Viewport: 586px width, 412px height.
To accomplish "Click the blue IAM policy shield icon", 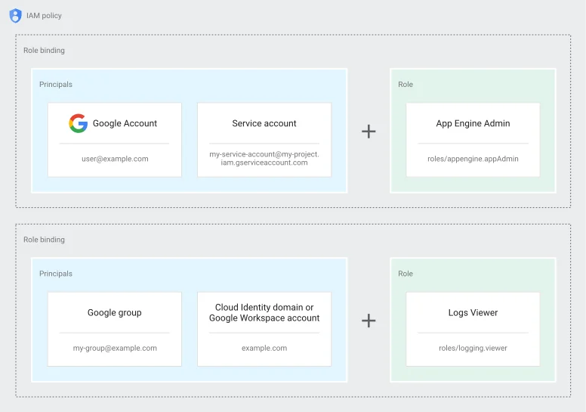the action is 15,16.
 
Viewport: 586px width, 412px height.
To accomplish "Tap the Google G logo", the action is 78,123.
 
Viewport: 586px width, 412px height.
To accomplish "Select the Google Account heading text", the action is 125,123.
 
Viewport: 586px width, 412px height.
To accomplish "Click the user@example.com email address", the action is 115,159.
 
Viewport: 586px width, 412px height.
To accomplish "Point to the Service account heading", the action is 264,123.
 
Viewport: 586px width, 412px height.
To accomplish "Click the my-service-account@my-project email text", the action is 264,158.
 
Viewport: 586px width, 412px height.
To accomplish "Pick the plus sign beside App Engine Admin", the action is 369,132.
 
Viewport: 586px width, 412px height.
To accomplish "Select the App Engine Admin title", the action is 473,123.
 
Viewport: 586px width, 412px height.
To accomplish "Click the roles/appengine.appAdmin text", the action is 473,159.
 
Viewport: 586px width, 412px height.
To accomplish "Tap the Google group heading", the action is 114,313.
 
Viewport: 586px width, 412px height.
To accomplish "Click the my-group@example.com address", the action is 115,348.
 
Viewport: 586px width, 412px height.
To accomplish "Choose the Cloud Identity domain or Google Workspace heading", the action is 264,312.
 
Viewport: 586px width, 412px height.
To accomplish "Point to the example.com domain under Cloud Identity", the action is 264,348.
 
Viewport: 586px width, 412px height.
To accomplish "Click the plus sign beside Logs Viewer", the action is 369,321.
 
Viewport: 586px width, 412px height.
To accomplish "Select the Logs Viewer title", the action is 473,313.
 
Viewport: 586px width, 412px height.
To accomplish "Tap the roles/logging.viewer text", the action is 473,348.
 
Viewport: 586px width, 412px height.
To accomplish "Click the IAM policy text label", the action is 44,16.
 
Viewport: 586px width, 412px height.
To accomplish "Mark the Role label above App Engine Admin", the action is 406,84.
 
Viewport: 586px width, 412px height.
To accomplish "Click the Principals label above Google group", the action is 56,274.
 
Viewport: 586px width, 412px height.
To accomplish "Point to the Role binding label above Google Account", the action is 44,50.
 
